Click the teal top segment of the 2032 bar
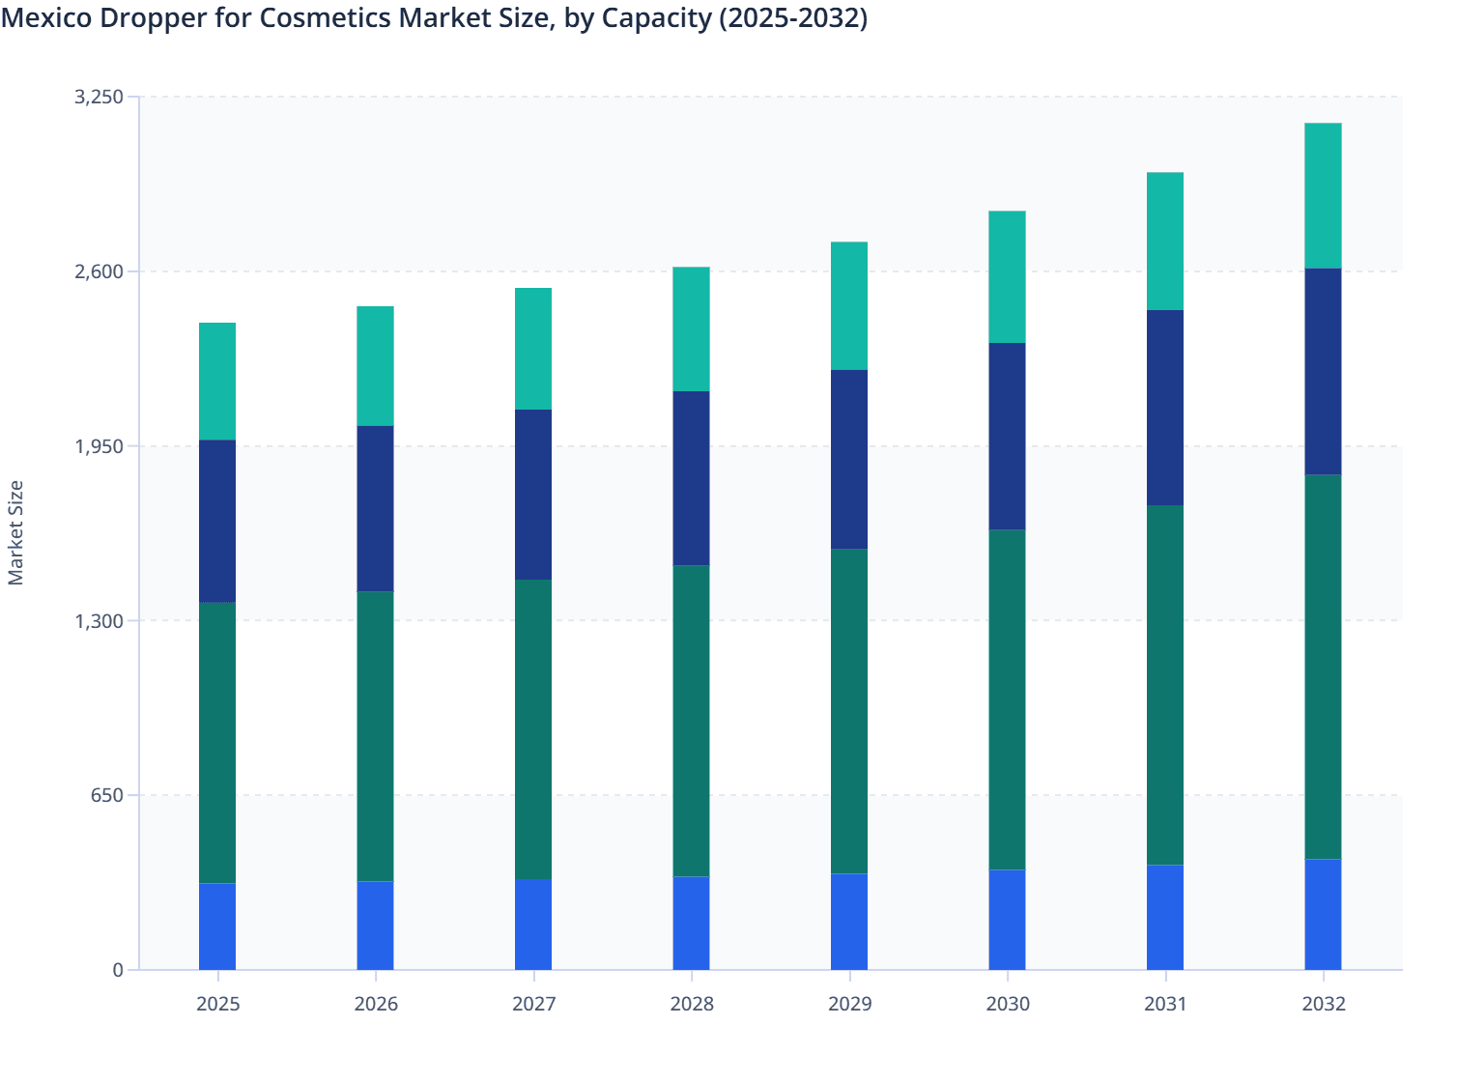point(1323,195)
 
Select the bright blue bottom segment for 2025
point(217,926)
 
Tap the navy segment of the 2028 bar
point(691,478)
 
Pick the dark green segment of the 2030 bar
point(1007,699)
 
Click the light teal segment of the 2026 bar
point(375,366)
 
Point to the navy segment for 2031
point(1165,408)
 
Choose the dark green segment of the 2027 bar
point(533,729)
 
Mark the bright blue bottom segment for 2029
point(849,922)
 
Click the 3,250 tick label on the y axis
point(99,97)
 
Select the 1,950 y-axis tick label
point(99,446)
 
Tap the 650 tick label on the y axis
point(107,795)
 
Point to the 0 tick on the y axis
point(118,970)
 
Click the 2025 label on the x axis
point(217,1004)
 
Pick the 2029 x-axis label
point(849,1004)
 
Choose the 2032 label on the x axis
point(1323,1004)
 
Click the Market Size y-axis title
point(16,532)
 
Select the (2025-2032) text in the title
point(792,17)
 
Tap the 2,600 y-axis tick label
point(99,271)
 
